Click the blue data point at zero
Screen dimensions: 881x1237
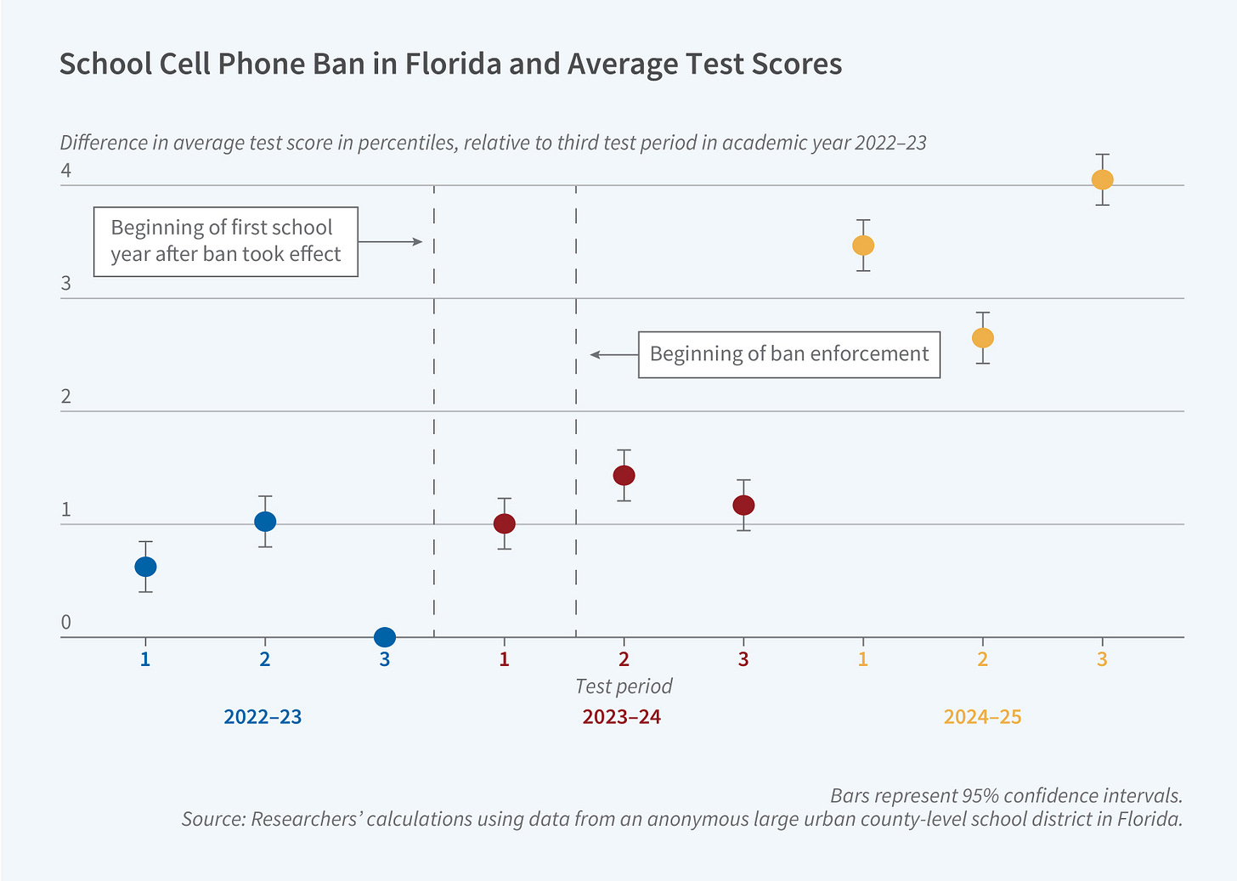[384, 636]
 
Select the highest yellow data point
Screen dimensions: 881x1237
[1102, 179]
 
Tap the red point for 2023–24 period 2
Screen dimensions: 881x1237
[624, 475]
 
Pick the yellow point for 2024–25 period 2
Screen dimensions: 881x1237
[982, 337]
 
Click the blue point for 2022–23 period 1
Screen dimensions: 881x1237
[145, 567]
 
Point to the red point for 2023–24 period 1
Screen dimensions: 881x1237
[504, 523]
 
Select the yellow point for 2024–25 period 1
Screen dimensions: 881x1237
[862, 245]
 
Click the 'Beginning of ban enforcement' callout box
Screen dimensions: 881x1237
[788, 354]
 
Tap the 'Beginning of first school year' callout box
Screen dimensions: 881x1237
[225, 241]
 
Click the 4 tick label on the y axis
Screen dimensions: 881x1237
[65, 171]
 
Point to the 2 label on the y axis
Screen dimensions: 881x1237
[65, 397]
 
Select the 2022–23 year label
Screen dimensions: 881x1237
[263, 717]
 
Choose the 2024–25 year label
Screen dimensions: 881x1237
[982, 717]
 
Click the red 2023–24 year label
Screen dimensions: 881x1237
[622, 717]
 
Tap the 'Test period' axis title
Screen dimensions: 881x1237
[624, 686]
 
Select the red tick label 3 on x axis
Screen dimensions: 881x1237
[743, 659]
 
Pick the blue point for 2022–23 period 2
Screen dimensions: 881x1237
[265, 521]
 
